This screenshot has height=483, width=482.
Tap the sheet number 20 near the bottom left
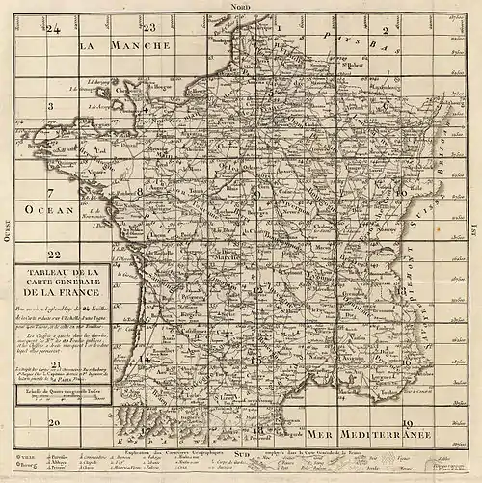[x=55, y=422]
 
